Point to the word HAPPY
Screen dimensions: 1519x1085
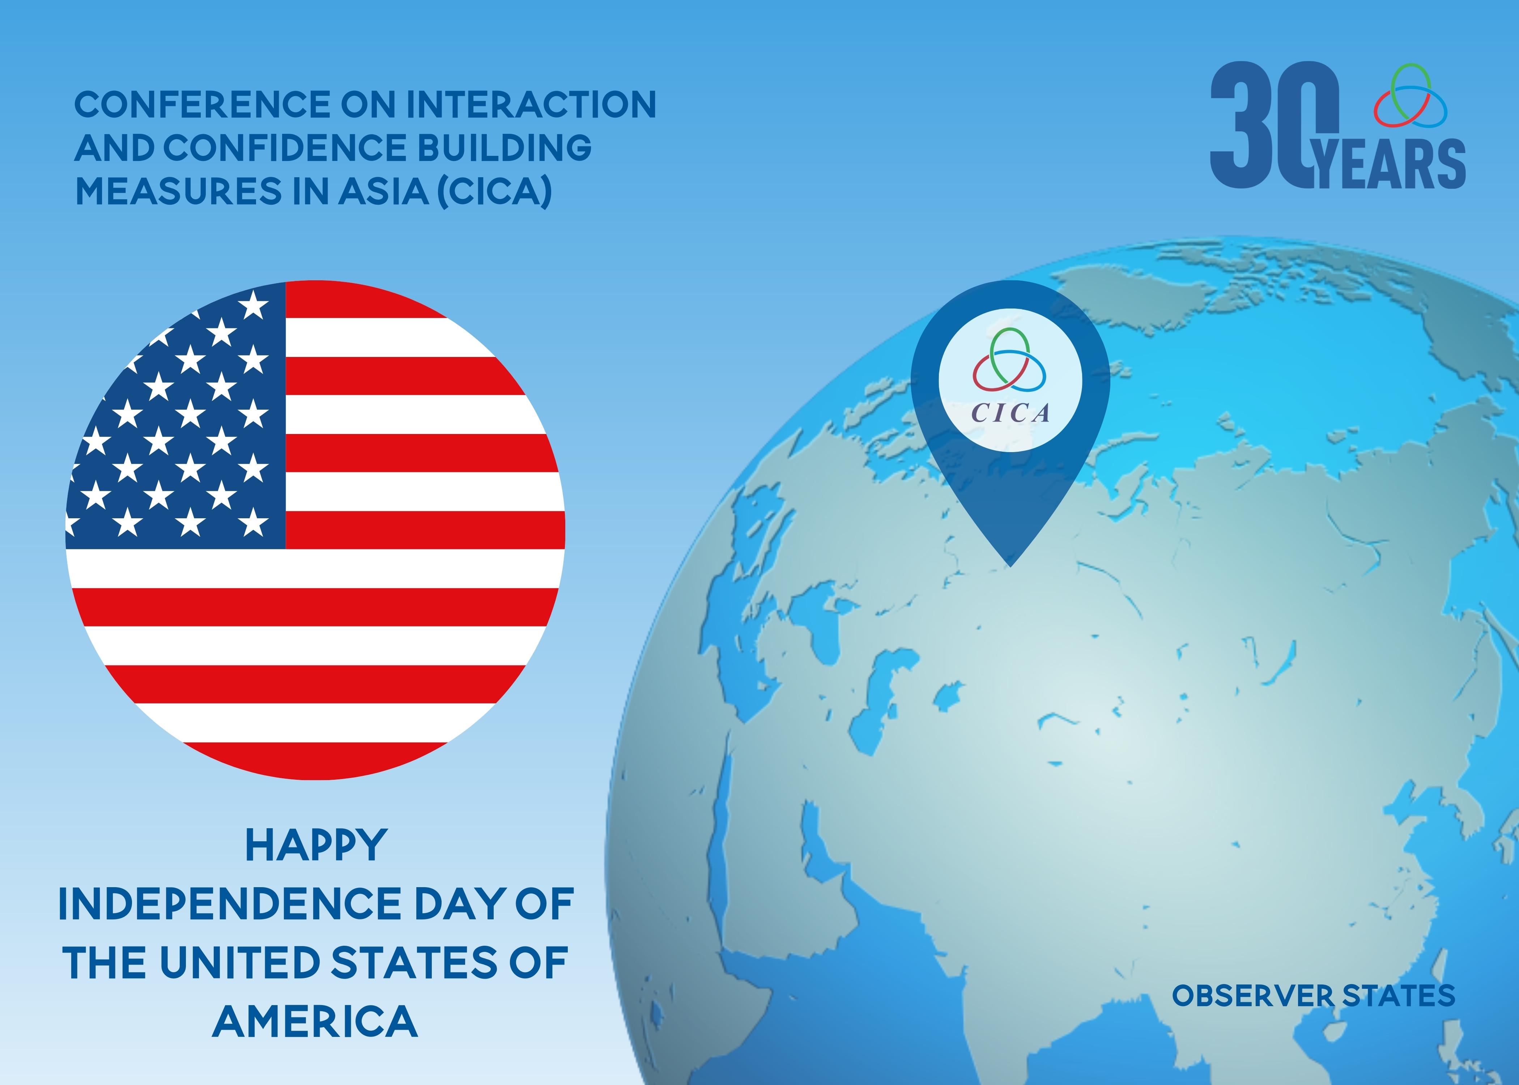(316, 846)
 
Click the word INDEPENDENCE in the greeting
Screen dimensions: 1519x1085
(230, 904)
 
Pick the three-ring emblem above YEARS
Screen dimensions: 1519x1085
(1410, 95)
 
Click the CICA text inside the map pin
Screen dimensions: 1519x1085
(1010, 413)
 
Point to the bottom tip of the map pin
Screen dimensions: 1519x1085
(1010, 567)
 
